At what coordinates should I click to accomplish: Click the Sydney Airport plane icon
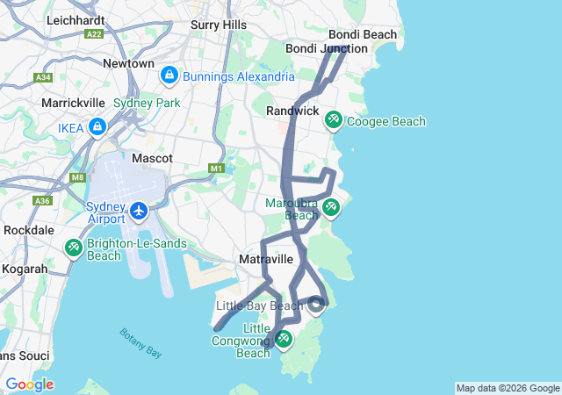(139, 212)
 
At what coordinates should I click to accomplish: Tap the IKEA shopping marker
(97, 128)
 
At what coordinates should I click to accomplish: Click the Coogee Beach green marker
(334, 119)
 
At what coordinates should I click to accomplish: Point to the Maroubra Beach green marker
(330, 207)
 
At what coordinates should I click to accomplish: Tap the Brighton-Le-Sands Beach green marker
(73, 248)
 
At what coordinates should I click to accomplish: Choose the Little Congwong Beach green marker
(283, 338)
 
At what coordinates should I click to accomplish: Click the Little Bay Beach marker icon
(317, 305)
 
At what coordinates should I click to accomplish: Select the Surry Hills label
(219, 25)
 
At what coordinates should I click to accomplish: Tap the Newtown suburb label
(128, 64)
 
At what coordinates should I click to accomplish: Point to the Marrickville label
(75, 103)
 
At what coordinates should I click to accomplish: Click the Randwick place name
(292, 111)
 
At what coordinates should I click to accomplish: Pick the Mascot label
(151, 159)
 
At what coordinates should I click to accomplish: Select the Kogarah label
(24, 269)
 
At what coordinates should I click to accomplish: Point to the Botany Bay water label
(140, 341)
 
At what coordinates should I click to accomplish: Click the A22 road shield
(94, 33)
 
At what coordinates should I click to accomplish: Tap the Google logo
(29, 384)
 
